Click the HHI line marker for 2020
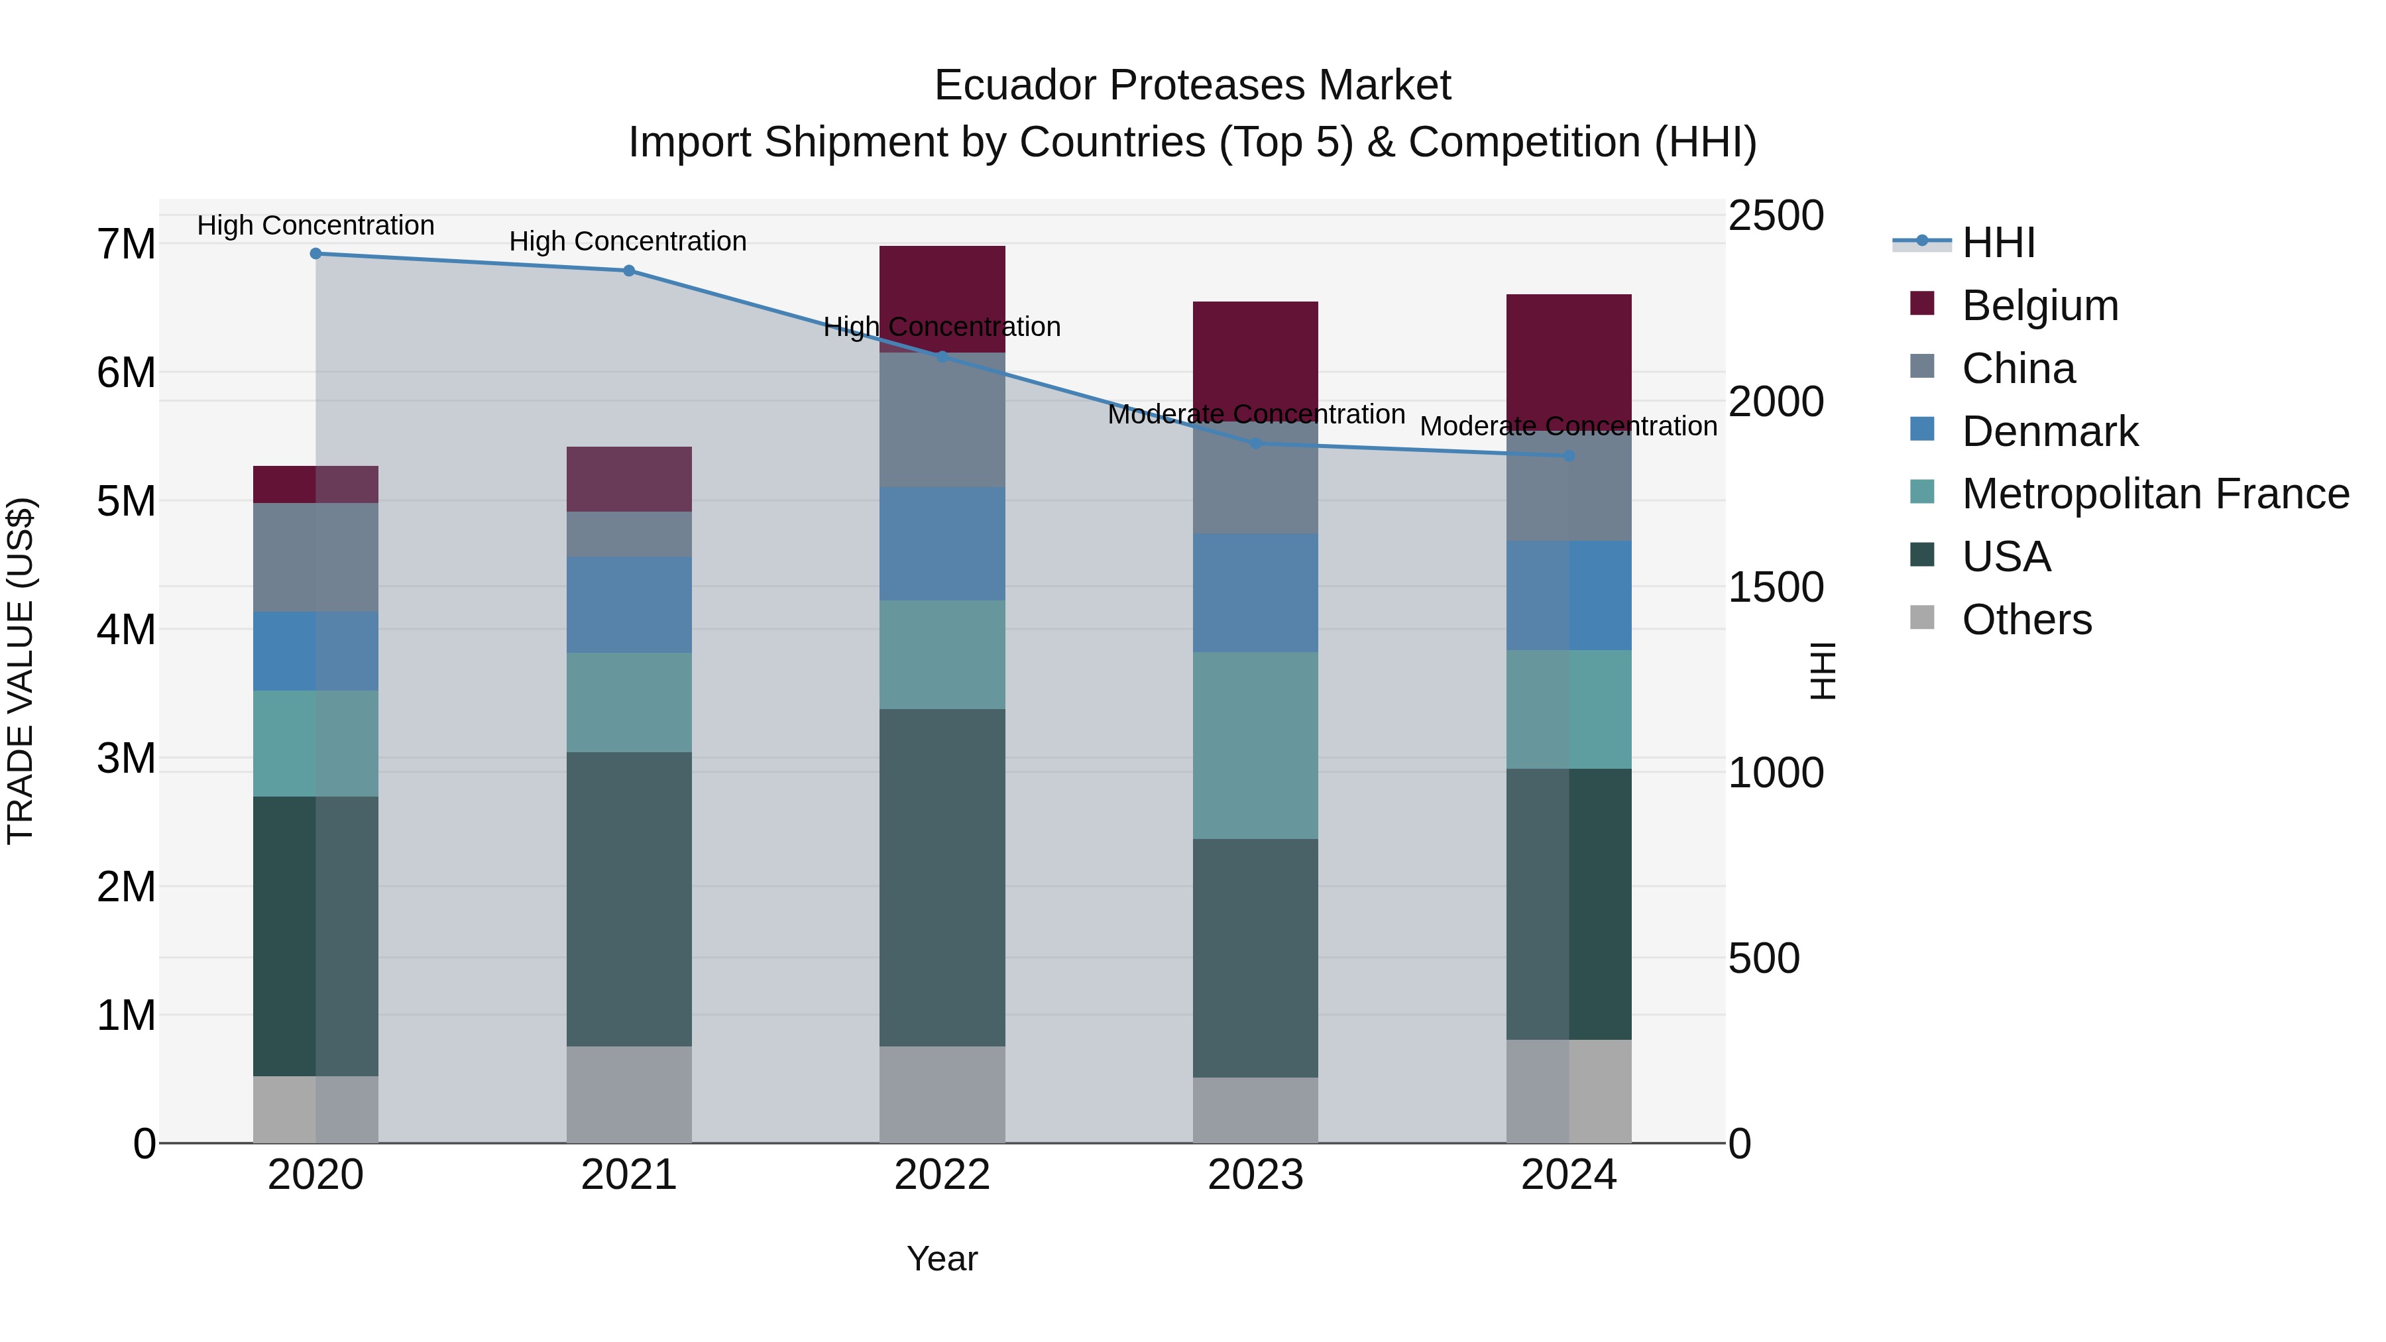[x=316, y=254]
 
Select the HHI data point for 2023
[x=1255, y=443]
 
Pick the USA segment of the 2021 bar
[x=629, y=899]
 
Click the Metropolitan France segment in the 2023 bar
[x=1255, y=746]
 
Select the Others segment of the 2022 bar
[x=942, y=1095]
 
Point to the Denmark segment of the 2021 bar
[x=629, y=605]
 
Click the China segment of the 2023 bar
[x=1255, y=478]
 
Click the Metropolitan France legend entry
[x=2155, y=494]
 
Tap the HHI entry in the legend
[x=1998, y=243]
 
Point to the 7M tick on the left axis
[x=126, y=245]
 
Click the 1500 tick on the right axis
[x=1776, y=587]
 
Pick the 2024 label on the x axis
[x=1568, y=1175]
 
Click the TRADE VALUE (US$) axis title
[x=21, y=671]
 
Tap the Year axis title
[x=942, y=1258]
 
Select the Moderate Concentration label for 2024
[x=1568, y=426]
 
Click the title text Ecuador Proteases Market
[x=1192, y=85]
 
